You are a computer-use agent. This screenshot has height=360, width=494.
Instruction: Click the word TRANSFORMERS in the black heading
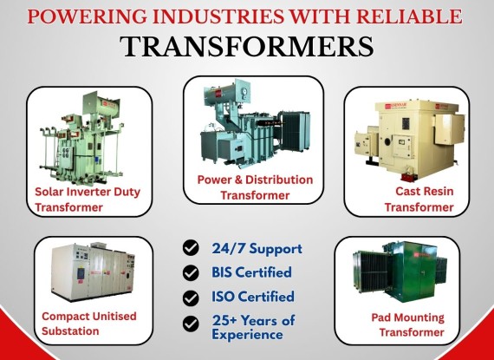click(247, 47)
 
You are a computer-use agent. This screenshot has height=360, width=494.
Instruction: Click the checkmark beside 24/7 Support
click(191, 247)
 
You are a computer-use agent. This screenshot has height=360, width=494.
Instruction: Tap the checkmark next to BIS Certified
click(191, 272)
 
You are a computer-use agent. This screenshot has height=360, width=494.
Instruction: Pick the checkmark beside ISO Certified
click(191, 298)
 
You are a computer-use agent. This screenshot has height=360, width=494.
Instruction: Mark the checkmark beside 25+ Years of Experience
click(191, 324)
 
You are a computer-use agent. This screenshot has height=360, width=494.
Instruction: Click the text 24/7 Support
click(257, 249)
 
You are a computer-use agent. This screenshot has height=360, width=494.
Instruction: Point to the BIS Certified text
click(251, 272)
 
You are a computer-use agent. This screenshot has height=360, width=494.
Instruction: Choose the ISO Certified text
click(253, 297)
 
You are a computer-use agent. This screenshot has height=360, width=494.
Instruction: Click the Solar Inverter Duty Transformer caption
click(88, 200)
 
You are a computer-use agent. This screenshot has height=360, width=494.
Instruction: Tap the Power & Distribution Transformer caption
click(255, 187)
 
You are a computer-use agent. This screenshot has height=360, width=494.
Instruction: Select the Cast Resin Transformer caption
click(419, 199)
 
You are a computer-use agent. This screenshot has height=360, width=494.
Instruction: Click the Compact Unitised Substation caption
click(89, 324)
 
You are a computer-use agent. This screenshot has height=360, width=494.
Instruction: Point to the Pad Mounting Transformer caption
click(408, 324)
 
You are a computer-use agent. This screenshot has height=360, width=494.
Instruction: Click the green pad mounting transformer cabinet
click(400, 272)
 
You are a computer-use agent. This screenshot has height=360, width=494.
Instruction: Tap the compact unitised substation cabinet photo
click(94, 272)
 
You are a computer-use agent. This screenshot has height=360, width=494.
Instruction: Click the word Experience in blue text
click(247, 335)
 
